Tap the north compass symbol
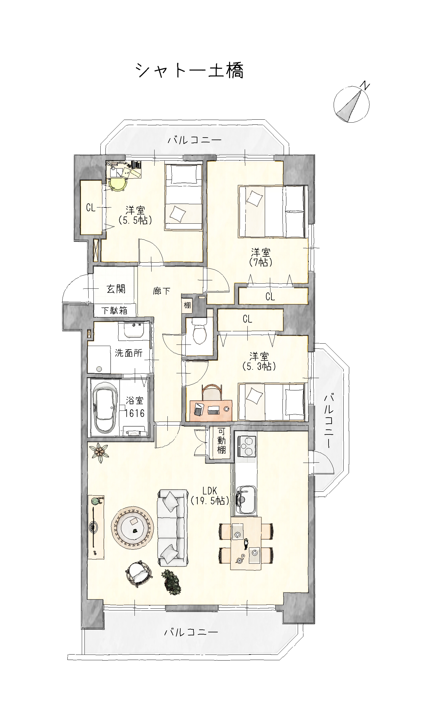pos(352,103)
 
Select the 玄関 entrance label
pos(116,289)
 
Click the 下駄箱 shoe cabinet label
pos(114,311)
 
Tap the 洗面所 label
pos(129,353)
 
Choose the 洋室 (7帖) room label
pos(261,257)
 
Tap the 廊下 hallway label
pos(162,291)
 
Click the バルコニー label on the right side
pos(329,422)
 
